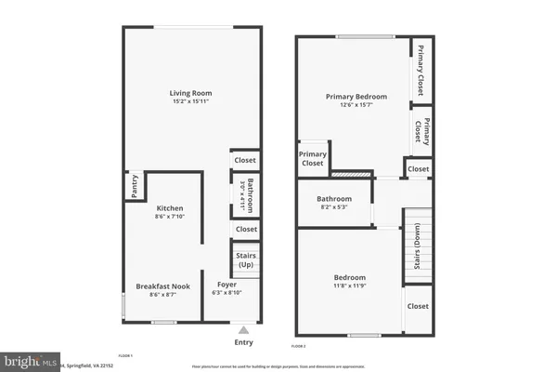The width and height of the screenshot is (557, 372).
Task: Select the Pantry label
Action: click(x=135, y=186)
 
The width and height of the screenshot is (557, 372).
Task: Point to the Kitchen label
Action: click(x=170, y=207)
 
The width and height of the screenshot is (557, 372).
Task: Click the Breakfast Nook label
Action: click(x=162, y=286)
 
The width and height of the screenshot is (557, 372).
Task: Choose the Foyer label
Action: click(x=227, y=285)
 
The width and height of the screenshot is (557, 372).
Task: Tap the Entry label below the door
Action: click(x=243, y=342)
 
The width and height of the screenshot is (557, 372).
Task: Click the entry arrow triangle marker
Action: click(x=243, y=329)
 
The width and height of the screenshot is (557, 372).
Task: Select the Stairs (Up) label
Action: click(x=246, y=260)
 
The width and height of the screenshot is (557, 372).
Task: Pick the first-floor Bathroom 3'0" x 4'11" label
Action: click(x=246, y=196)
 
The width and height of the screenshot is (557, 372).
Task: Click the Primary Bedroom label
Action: click(x=356, y=96)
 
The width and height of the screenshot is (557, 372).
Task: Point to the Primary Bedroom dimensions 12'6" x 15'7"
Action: click(x=356, y=105)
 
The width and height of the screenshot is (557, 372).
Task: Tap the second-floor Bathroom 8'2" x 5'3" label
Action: click(x=334, y=199)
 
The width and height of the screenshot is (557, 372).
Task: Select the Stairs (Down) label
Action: click(x=418, y=244)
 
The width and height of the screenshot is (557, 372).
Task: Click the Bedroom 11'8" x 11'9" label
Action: click(x=350, y=277)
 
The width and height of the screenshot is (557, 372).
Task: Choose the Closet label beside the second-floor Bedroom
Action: click(x=418, y=306)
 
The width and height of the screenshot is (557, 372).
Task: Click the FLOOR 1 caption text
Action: click(x=125, y=355)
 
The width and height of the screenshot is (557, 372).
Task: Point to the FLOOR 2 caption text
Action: click(x=299, y=346)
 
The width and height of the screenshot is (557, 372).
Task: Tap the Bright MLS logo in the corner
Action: click(x=28, y=361)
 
